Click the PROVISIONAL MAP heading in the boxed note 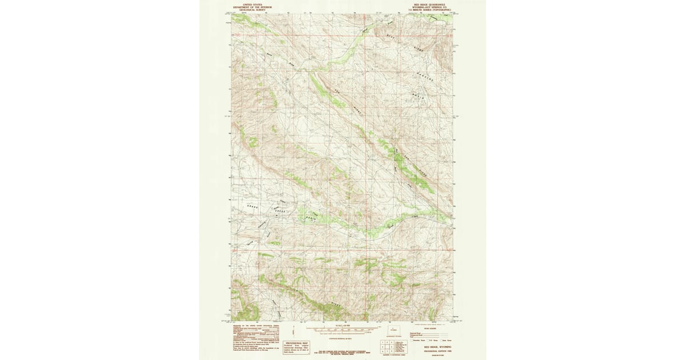(x=297, y=343)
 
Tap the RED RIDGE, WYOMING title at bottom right (x=437, y=347)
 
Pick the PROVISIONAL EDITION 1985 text (x=437, y=351)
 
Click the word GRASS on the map (x=252, y=206)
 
